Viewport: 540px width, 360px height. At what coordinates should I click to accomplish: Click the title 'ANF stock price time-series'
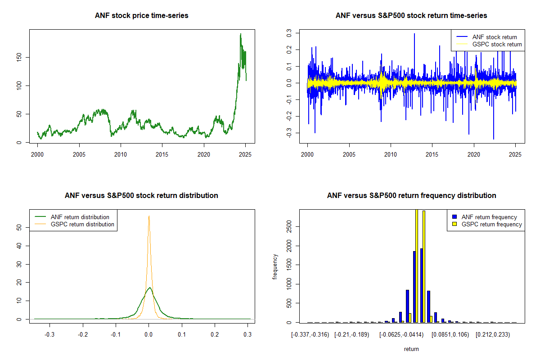click(142, 15)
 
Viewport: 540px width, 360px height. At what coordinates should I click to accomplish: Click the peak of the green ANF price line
click(241, 34)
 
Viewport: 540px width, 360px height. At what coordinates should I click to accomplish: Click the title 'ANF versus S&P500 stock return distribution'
click(142, 195)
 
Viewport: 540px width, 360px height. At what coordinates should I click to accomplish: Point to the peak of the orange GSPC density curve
click(149, 216)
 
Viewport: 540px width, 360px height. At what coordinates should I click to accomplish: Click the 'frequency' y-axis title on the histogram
click(275, 266)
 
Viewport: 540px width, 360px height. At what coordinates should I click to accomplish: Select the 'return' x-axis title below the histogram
click(411, 349)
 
